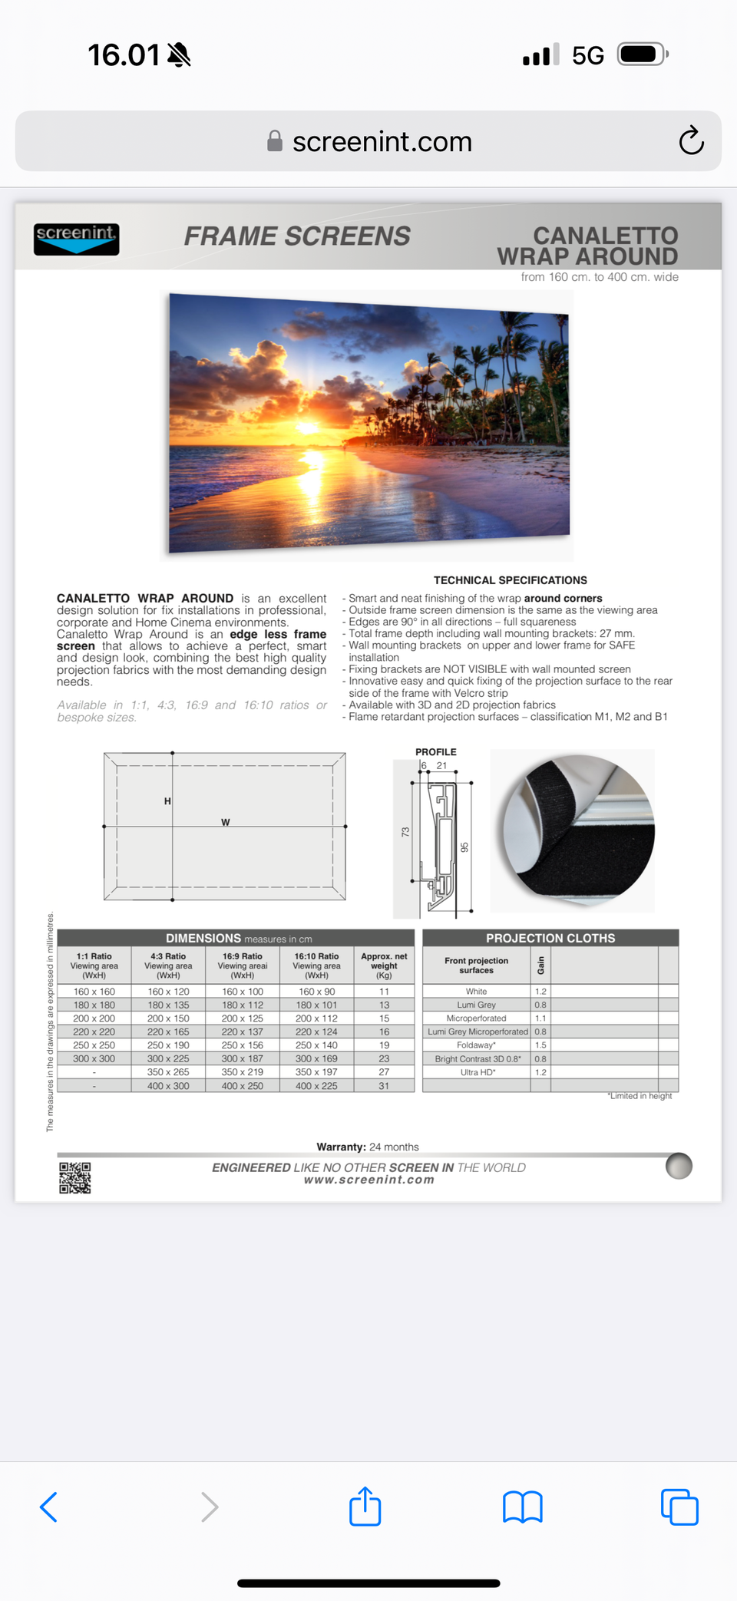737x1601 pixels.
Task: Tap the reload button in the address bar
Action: pyautogui.click(x=691, y=140)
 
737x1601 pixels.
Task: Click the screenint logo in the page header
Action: pyautogui.click(x=76, y=239)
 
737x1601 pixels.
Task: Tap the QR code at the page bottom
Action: pyautogui.click(x=75, y=1177)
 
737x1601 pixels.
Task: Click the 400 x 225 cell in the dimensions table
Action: pyautogui.click(x=316, y=1086)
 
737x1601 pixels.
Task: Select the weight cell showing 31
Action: pyautogui.click(x=384, y=1086)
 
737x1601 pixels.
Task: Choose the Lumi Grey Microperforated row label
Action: pyautogui.click(x=477, y=1032)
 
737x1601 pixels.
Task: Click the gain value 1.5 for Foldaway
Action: pyautogui.click(x=540, y=1045)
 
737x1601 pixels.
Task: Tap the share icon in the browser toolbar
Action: pyautogui.click(x=365, y=1506)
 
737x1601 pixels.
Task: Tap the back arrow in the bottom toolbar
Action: pyautogui.click(x=48, y=1507)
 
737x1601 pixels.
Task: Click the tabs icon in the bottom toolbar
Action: pyautogui.click(x=679, y=1507)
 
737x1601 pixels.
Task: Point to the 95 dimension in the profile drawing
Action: pyautogui.click(x=464, y=847)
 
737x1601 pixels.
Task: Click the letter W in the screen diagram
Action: pyautogui.click(x=225, y=822)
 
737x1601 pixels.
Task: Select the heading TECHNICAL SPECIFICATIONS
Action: pyautogui.click(x=510, y=580)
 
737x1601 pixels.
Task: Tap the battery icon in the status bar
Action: pyautogui.click(x=642, y=54)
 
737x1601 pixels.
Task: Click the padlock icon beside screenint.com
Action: pyautogui.click(x=275, y=141)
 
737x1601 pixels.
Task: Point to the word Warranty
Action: pyautogui.click(x=341, y=1147)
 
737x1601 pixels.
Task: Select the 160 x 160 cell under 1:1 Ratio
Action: pyautogui.click(x=94, y=992)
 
